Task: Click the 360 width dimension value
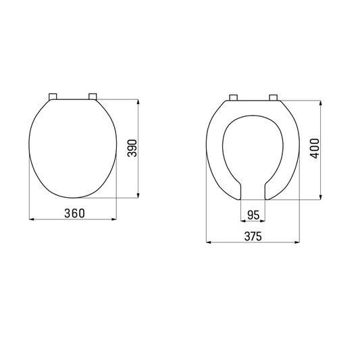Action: (74, 213)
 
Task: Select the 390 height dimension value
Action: (133, 149)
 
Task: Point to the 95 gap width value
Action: (253, 215)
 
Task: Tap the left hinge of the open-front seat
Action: (233, 97)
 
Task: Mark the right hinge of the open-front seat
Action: (274, 97)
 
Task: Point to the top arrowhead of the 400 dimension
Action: (321, 103)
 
